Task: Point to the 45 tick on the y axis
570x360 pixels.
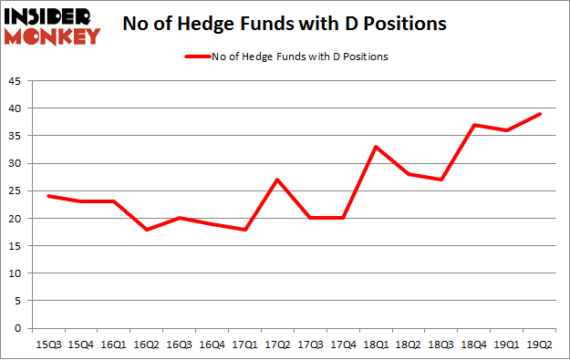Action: [x=16, y=81]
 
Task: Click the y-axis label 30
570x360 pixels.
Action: [x=16, y=164]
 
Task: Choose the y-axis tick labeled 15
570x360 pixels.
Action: [x=16, y=246]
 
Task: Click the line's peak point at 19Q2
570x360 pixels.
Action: [x=540, y=114]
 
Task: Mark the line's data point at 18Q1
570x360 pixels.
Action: [x=376, y=147]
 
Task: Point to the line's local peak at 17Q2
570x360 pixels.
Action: [x=277, y=180]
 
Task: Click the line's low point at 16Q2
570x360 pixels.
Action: [x=146, y=230]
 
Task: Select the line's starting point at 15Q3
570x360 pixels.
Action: [x=48, y=196]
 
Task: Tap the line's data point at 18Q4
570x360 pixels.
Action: [x=474, y=125]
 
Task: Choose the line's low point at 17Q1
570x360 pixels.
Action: [x=244, y=230]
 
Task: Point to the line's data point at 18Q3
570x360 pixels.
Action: [x=441, y=180]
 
